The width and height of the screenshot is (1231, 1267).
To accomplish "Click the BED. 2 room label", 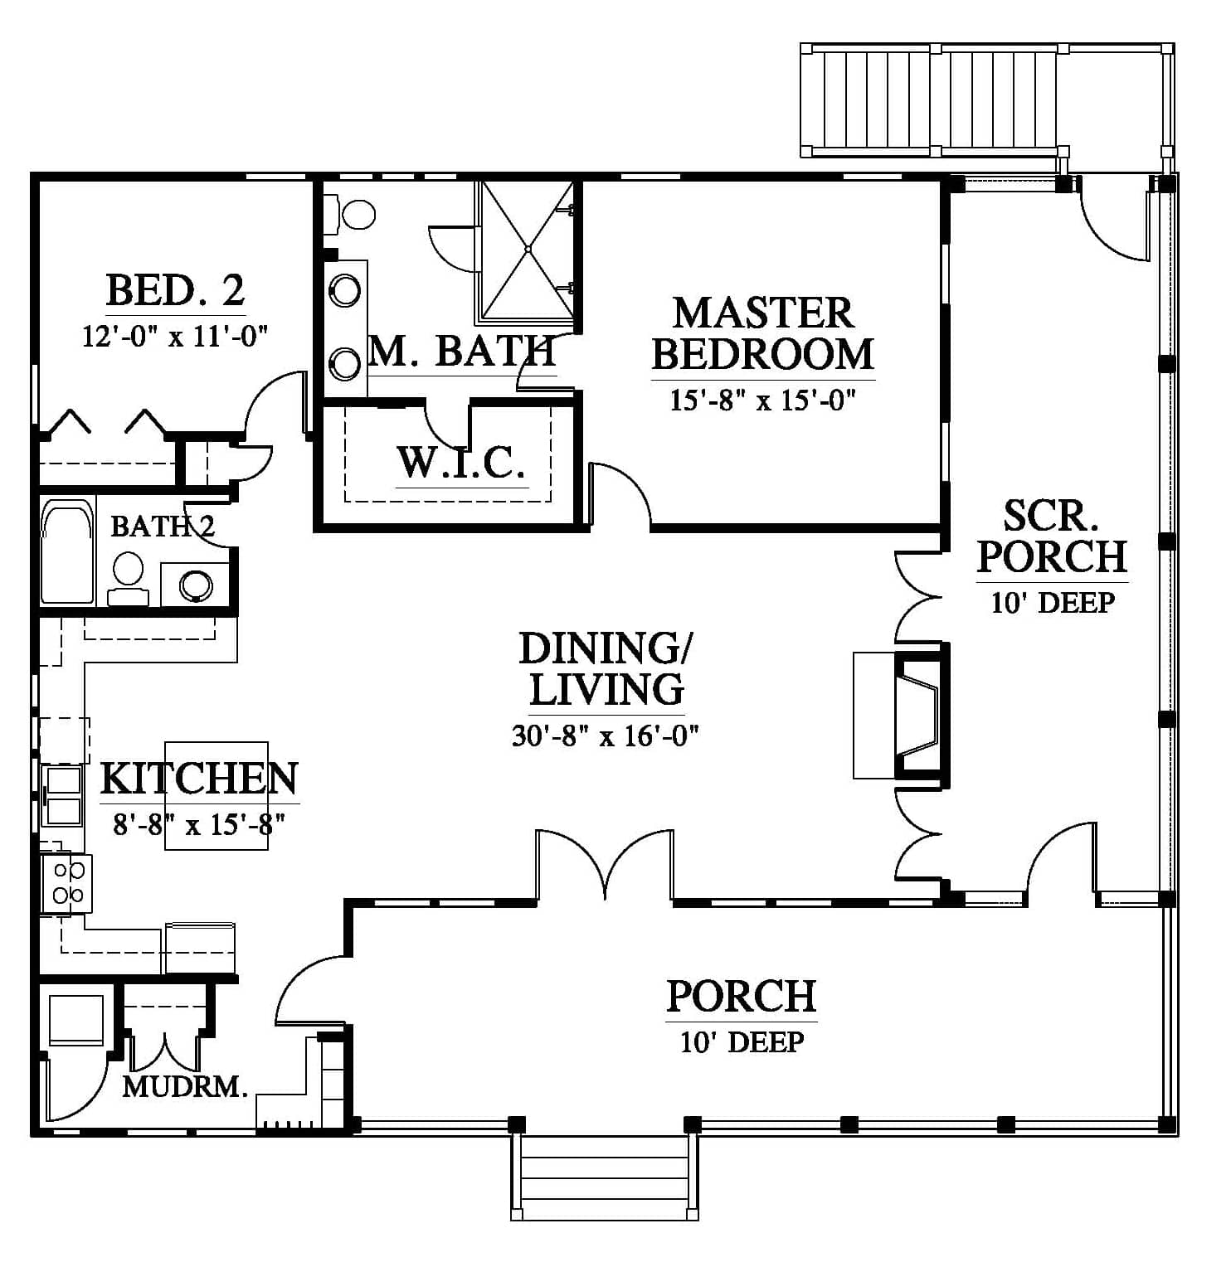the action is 175,290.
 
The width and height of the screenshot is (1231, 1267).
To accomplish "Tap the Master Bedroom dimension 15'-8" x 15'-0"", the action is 762,400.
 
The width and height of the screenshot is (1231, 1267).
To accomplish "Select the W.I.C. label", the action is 461,463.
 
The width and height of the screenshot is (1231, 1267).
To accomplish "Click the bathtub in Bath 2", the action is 67,551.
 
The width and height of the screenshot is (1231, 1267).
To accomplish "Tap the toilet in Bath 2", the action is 128,580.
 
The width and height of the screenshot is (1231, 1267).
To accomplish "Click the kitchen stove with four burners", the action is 67,883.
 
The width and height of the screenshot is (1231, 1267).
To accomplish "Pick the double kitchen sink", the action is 63,796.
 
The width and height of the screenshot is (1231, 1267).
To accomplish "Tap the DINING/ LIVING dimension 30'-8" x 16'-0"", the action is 606,735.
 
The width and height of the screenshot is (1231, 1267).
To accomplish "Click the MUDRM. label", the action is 185,1086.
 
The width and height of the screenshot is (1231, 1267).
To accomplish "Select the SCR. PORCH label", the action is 1053,536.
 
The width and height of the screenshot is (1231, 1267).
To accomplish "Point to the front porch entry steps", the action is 604,1177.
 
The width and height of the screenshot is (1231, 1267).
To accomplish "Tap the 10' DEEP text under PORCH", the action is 742,1041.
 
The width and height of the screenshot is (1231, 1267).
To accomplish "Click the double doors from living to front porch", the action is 605,865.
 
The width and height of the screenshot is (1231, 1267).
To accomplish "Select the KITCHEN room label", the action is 199,779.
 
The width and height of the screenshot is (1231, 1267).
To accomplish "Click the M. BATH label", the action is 462,351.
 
